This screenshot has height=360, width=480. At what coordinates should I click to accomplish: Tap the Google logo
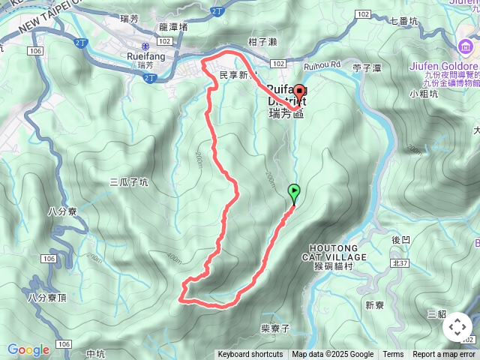28,349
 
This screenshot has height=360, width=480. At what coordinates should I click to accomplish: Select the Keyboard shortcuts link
250,355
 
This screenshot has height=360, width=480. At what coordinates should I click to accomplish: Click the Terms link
393,355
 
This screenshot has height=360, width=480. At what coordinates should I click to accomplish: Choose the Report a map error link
444,355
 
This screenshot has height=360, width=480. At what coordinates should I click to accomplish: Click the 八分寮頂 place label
47,297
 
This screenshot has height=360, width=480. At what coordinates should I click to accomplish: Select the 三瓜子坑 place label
129,181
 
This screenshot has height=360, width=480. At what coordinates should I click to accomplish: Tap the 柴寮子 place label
275,328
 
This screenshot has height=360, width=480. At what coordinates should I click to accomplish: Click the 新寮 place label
374,304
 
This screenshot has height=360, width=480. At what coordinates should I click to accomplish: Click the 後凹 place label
400,240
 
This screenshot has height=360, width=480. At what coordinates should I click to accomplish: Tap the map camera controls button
457,327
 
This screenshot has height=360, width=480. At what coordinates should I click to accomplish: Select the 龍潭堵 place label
173,26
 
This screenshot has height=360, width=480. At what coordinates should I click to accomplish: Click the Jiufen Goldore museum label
444,66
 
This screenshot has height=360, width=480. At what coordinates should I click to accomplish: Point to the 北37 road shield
399,263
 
